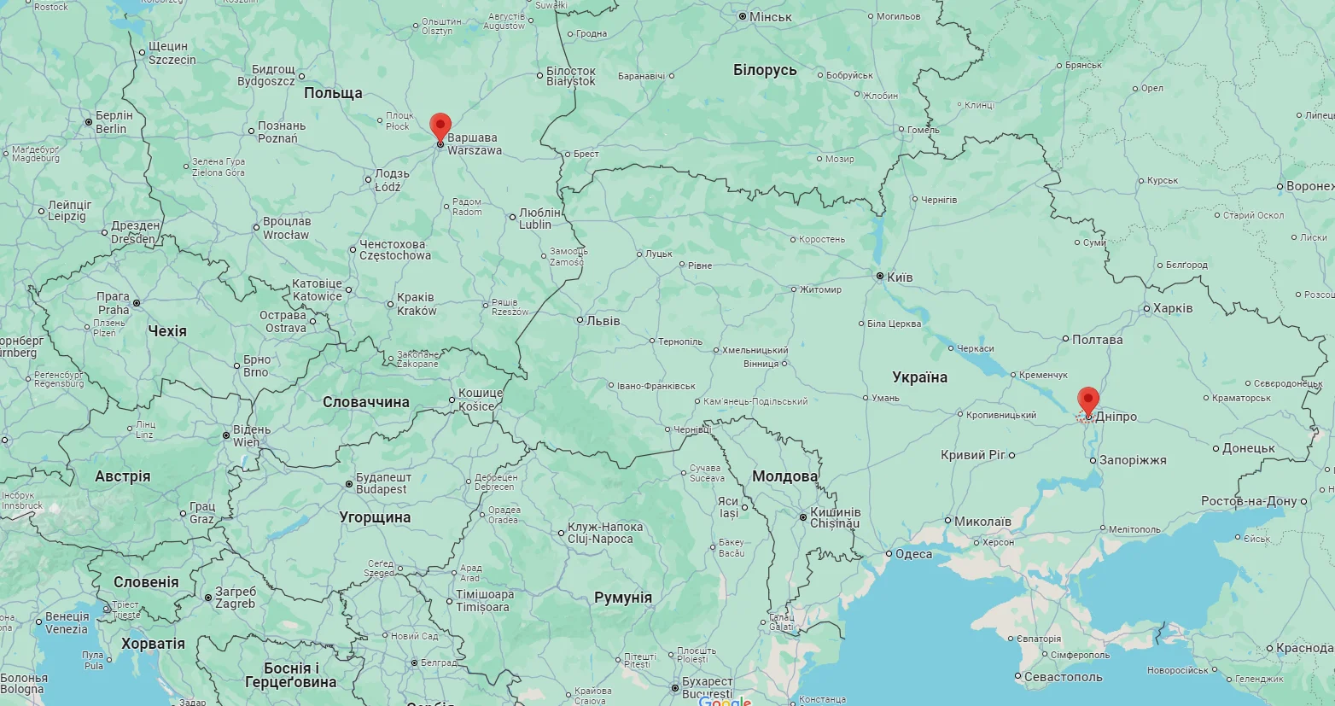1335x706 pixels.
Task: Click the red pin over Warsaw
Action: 440,126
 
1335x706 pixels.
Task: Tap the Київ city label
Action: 900,277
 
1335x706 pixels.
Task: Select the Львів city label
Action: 603,321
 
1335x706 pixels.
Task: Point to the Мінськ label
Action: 770,17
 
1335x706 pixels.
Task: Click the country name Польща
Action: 333,93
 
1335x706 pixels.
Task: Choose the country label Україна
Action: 919,377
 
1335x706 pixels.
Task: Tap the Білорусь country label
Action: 765,70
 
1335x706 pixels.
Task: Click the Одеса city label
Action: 913,554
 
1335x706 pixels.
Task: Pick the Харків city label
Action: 1173,308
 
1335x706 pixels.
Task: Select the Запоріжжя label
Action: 1133,460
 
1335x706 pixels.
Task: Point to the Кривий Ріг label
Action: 973,455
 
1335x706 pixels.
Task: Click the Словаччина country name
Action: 366,402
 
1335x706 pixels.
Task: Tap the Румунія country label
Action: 623,598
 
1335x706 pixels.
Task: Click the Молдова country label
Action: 784,476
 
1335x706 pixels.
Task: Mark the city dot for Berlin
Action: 88,123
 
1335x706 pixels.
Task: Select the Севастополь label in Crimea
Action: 1063,677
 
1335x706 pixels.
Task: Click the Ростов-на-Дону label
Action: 1249,501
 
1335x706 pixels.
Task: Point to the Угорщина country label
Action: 375,517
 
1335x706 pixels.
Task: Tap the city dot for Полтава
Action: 1065,339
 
